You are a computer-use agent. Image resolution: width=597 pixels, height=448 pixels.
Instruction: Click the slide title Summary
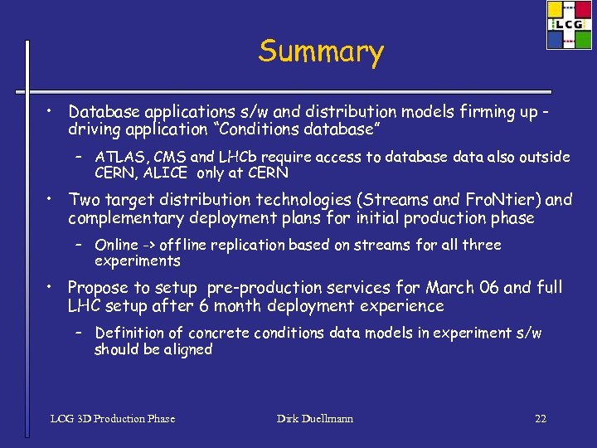[x=321, y=51]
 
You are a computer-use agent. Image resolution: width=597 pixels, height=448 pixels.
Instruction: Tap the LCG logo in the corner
[x=570, y=25]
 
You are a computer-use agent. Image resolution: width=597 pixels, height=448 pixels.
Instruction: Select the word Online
[x=117, y=245]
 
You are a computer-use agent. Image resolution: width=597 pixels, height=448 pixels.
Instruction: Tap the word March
[x=449, y=288]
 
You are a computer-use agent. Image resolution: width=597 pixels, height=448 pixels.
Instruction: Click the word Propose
[x=98, y=288]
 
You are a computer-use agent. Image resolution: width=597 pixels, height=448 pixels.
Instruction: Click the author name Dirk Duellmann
[x=315, y=418]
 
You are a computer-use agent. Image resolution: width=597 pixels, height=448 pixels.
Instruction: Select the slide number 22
[x=541, y=418]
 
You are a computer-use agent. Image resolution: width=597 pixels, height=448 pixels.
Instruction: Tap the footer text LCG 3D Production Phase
[x=113, y=418]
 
